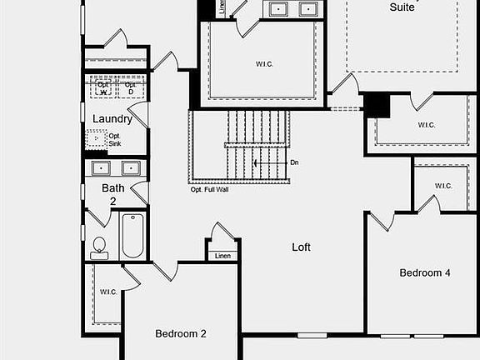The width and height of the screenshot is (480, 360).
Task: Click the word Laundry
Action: [x=112, y=118]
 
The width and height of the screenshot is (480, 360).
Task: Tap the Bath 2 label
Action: [x=114, y=194]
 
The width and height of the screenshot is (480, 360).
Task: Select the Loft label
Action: [x=301, y=247]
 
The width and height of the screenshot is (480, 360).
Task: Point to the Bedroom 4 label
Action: [x=425, y=272]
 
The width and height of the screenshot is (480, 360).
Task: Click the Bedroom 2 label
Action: [x=181, y=333]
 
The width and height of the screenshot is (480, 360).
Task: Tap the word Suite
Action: [x=404, y=7]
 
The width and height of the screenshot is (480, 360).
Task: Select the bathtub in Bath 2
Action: [x=132, y=237]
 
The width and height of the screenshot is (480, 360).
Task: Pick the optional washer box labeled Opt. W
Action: [x=104, y=87]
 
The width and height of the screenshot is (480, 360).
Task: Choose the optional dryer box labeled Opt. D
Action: [x=131, y=87]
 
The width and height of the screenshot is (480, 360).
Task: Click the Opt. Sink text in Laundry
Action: [x=115, y=140]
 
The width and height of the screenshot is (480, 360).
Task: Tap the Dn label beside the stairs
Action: [x=294, y=162]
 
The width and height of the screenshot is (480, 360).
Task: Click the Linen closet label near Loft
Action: [x=222, y=256]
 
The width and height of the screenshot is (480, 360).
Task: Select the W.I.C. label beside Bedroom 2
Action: [x=108, y=292]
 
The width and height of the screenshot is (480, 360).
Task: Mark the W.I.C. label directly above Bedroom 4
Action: [x=442, y=186]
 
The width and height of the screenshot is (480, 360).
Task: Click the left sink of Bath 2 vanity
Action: [x=102, y=168]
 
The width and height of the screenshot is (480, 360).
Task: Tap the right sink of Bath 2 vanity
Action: [x=131, y=168]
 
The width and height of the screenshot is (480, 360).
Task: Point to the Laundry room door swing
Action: [x=139, y=114]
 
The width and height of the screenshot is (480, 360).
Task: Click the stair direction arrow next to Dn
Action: [x=268, y=162]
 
